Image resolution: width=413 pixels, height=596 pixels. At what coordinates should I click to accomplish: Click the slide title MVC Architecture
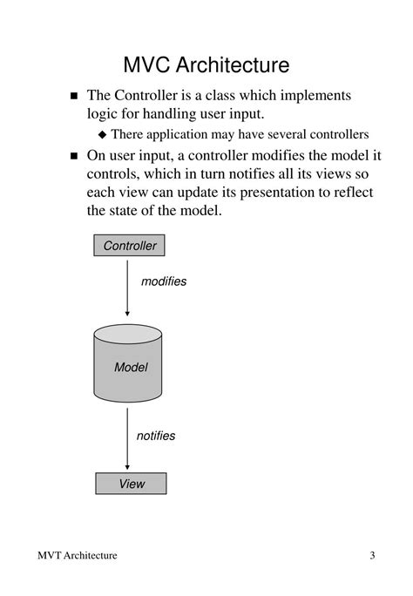(x=206, y=64)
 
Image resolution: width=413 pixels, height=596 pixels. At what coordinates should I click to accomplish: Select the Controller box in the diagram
(x=130, y=246)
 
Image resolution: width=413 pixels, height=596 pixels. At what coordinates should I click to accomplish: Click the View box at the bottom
(x=131, y=484)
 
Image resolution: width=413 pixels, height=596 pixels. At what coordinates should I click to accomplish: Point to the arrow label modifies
(x=164, y=281)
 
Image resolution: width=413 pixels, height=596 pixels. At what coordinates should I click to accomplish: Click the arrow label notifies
(x=156, y=435)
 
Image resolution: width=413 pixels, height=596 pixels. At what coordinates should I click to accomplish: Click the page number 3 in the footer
(x=372, y=556)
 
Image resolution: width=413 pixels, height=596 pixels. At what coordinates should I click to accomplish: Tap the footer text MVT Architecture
(x=78, y=556)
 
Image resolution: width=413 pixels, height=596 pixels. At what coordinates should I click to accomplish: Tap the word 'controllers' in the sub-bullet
(x=336, y=134)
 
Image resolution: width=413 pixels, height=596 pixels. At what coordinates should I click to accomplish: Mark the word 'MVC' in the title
(x=146, y=64)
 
